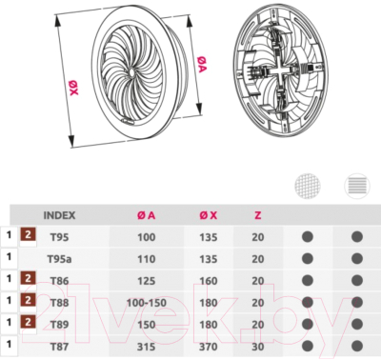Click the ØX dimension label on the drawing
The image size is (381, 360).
tap(73, 88)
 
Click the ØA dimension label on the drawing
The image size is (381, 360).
tap(202, 64)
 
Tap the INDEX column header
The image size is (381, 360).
tap(59, 215)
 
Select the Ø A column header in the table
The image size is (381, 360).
tap(146, 215)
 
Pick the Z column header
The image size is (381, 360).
tap(258, 215)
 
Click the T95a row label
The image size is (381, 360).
tap(59, 259)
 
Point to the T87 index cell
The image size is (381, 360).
tap(59, 347)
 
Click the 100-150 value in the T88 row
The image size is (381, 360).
tap(147, 303)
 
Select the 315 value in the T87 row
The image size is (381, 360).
tap(146, 347)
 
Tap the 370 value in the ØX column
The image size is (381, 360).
tap(209, 347)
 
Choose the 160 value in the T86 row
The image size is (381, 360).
tap(209, 281)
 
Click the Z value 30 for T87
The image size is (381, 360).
tap(258, 347)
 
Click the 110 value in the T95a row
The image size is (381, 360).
tap(146, 259)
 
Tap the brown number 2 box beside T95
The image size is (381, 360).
tap(29, 234)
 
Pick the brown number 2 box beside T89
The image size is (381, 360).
tap(29, 322)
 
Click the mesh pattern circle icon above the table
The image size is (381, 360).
tap(308, 186)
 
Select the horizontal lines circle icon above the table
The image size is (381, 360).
tap(357, 186)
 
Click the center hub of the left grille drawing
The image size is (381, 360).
tap(131, 72)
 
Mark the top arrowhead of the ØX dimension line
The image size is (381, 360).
tap(58, 22)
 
